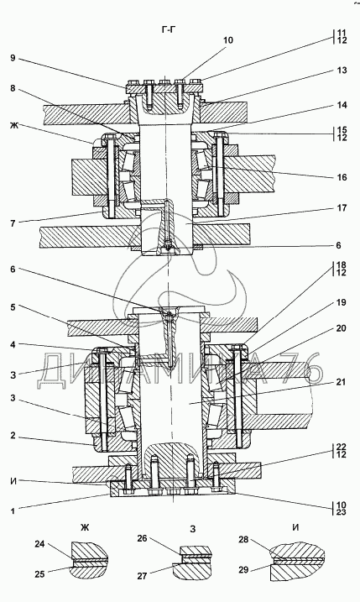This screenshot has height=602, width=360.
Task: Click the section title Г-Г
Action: pos(168,30)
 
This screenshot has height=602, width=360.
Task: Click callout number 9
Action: pos(13,58)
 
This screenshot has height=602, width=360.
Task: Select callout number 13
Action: pos(342,71)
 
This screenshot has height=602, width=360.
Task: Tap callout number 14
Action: pos(342,105)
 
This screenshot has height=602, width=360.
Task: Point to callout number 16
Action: pos(342,177)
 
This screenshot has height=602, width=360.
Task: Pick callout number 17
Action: pos(342,208)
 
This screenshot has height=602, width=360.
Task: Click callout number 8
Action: pos(13,88)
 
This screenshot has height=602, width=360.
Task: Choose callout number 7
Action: pos(13,223)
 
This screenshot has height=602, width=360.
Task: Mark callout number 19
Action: pos(342,302)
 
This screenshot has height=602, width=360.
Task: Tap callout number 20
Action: pos(342,328)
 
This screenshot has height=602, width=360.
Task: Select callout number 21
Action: pos(342,382)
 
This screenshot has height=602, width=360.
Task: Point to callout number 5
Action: pos(13,307)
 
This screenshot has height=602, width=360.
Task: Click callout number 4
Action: pos(13,345)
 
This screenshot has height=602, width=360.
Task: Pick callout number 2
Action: pos(13,436)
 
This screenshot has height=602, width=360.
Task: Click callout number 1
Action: pos(13,511)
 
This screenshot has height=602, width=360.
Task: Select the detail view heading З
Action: pos(193,529)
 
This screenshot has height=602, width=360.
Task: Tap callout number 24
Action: pos(40,544)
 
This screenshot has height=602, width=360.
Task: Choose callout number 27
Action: pos(143,576)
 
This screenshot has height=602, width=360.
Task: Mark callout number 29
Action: pos(243,570)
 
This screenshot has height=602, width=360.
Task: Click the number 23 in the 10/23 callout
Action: pos(342,512)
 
